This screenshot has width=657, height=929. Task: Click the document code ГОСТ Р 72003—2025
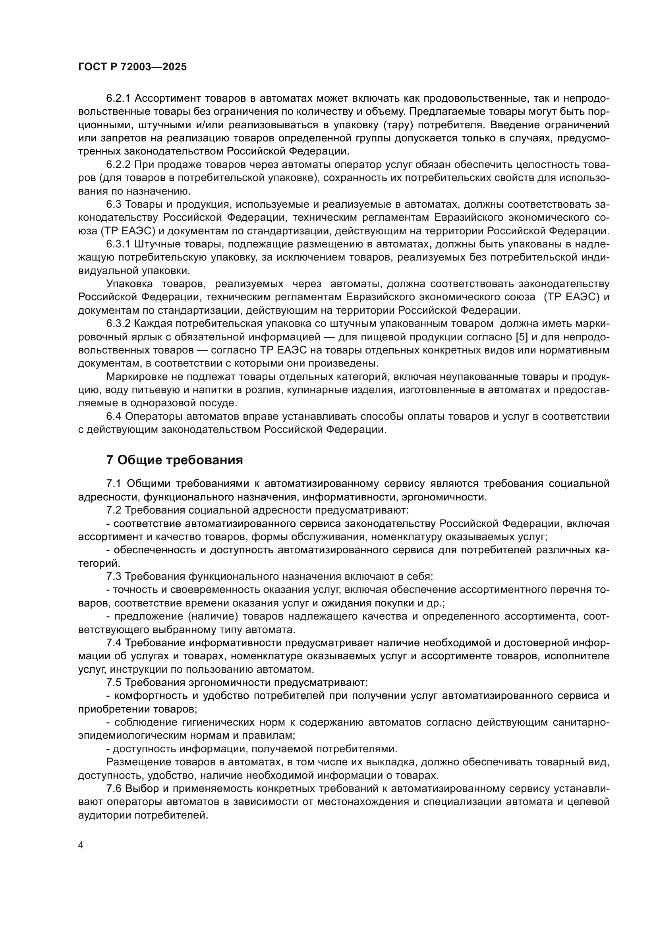132,67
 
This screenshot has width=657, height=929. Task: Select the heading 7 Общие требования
174,460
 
